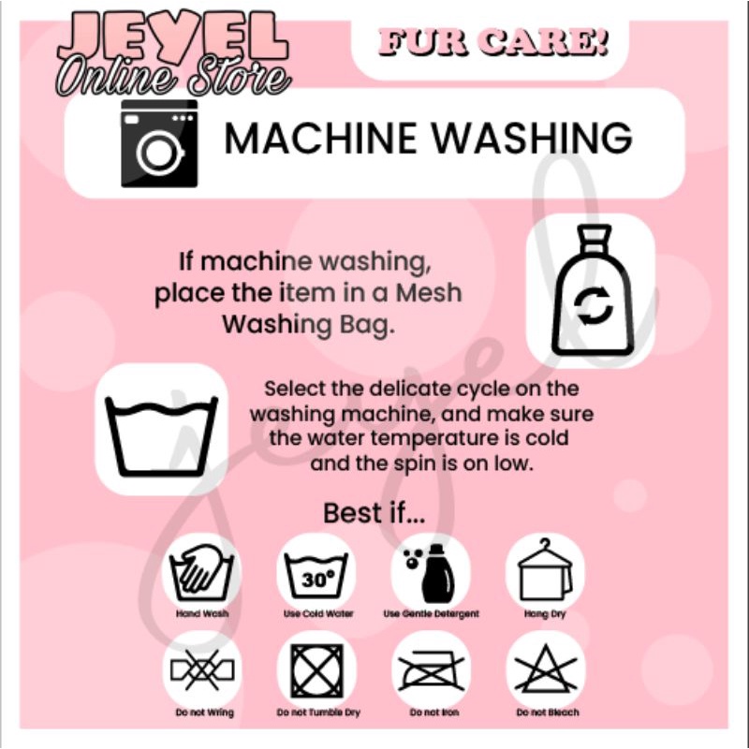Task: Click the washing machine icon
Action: click(x=159, y=144)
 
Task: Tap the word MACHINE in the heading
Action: click(x=320, y=138)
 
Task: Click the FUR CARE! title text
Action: click(x=494, y=41)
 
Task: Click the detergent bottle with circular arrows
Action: click(x=593, y=290)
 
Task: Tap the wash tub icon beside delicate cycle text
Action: click(x=161, y=436)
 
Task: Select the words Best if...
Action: click(x=374, y=513)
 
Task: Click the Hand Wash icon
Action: click(x=201, y=572)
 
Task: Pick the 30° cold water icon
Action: click(x=316, y=576)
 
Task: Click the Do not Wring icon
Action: click(x=202, y=668)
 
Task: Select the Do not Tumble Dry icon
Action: click(x=317, y=670)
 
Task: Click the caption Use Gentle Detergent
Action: click(x=431, y=614)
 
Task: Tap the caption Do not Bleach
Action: click(x=548, y=712)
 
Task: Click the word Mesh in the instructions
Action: click(x=429, y=293)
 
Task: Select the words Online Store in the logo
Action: click(x=173, y=77)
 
